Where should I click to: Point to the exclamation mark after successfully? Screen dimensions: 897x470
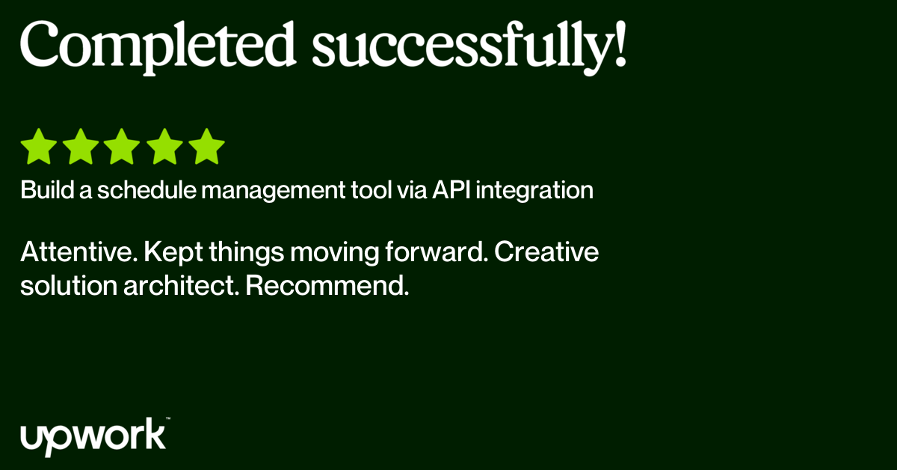(620, 43)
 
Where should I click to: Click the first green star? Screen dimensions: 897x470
(39, 147)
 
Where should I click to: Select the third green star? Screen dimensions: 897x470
(122, 147)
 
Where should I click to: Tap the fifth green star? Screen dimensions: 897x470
(206, 147)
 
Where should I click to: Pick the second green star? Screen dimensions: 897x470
(81, 147)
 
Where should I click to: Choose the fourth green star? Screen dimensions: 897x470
(164, 147)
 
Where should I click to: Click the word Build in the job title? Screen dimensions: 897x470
(47, 189)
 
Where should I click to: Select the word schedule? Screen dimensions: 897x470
(147, 189)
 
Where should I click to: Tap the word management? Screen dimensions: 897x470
(273, 191)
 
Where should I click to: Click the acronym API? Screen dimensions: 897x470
(451, 189)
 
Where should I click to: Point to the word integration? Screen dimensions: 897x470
(534, 191)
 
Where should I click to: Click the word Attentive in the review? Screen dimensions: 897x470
(79, 252)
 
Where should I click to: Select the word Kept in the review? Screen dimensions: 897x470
(173, 253)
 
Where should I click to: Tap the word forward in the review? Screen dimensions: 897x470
(437, 252)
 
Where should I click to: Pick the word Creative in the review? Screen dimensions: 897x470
(546, 252)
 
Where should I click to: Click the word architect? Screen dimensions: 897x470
(181, 286)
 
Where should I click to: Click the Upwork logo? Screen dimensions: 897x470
(94, 437)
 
